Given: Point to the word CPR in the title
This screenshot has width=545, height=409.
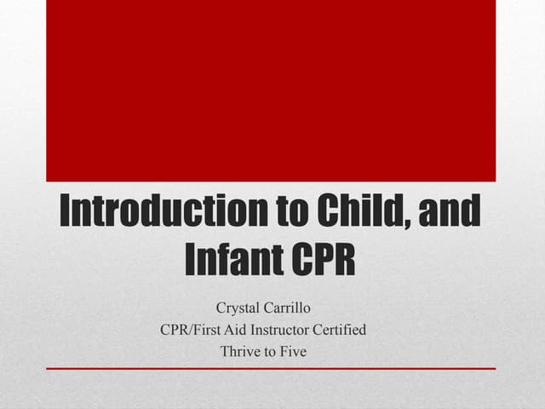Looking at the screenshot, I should (x=323, y=260).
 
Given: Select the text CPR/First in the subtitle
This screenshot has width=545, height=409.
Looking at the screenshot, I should (x=193, y=329).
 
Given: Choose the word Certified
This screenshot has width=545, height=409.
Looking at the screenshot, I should (x=341, y=329).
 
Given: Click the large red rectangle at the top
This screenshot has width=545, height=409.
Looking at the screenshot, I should (x=271, y=90).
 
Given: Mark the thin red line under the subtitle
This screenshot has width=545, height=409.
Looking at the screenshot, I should (x=271, y=368).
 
